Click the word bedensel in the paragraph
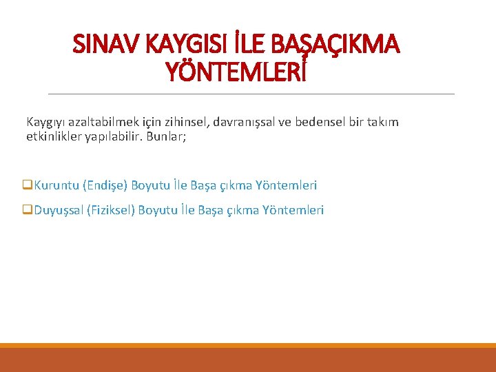[318, 122]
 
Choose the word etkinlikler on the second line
[54, 136]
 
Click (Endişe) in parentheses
[105, 185]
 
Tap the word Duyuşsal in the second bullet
[59, 210]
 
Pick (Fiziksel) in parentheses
[111, 210]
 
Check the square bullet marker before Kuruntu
[28, 185]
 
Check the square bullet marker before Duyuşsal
[28, 210]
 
